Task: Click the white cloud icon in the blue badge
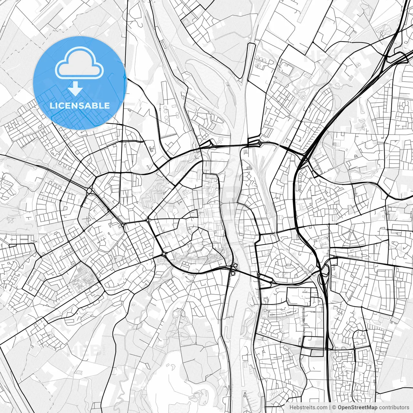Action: click(x=79, y=63)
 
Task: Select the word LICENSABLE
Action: click(x=79, y=106)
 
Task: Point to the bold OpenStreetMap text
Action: click(x=358, y=408)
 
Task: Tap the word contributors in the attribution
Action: click(x=394, y=408)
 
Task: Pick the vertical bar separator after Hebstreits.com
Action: click(x=330, y=408)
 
